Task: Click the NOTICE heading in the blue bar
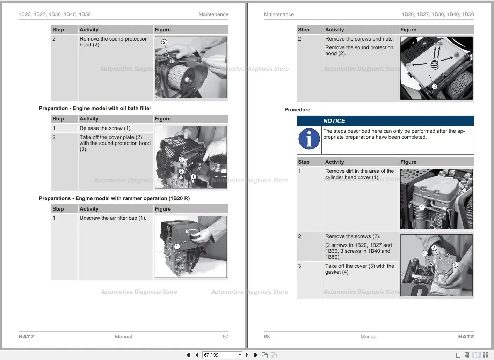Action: coord(334,121)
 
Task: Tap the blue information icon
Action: coord(309,139)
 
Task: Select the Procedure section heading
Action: coord(297,110)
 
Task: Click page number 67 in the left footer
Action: coord(225,337)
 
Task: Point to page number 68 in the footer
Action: coord(267,337)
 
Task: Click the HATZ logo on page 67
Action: coord(27,337)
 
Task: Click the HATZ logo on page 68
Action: coord(466,337)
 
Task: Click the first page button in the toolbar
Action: coord(189,355)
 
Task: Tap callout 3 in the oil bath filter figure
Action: coord(181,159)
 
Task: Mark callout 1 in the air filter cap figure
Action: coord(177,247)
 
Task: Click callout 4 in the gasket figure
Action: coord(424,253)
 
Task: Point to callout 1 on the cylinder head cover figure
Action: coord(422,207)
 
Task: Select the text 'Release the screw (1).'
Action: coord(106,128)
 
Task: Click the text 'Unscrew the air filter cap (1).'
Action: coord(113,218)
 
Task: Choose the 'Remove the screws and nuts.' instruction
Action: coord(359,39)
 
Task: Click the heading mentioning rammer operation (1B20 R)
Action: coord(114,198)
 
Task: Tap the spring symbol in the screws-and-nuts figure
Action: coord(434,65)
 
